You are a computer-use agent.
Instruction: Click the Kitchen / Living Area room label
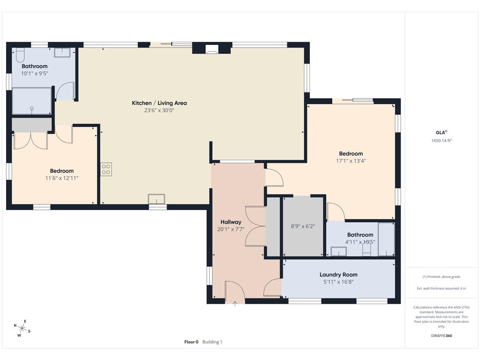pyautogui.click(x=159, y=103)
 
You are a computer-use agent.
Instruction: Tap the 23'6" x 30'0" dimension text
pyautogui.click(x=159, y=111)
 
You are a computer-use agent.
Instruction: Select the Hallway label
pyautogui.click(x=231, y=222)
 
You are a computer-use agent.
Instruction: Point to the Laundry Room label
pyautogui.click(x=338, y=275)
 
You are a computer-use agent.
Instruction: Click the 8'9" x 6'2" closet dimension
pyautogui.click(x=303, y=226)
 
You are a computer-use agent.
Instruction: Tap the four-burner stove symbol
pyautogui.click(x=106, y=169)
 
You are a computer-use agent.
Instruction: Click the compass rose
pyautogui.click(x=22, y=329)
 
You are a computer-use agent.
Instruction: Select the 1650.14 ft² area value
pyautogui.click(x=442, y=141)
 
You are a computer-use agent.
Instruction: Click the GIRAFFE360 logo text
pyautogui.click(x=441, y=336)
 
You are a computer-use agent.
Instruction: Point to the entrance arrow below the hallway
pyautogui.click(x=235, y=303)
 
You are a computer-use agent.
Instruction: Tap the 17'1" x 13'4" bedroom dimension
pyautogui.click(x=351, y=161)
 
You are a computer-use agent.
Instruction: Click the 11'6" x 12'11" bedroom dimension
pyautogui.click(x=62, y=178)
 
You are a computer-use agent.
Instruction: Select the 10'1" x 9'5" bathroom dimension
pyautogui.click(x=35, y=74)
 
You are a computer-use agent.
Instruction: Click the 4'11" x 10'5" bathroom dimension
pyautogui.click(x=360, y=242)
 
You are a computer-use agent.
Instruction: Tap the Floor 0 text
pyautogui.click(x=191, y=342)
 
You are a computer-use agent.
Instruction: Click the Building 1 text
pyautogui.click(x=212, y=342)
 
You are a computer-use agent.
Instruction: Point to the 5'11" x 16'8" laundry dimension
pyautogui.click(x=338, y=282)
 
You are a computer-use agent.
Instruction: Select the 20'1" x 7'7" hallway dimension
pyautogui.click(x=231, y=229)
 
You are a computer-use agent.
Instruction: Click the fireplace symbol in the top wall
pyautogui.click(x=211, y=49)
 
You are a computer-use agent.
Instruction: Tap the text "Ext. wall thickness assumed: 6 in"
pyautogui.click(x=441, y=288)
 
